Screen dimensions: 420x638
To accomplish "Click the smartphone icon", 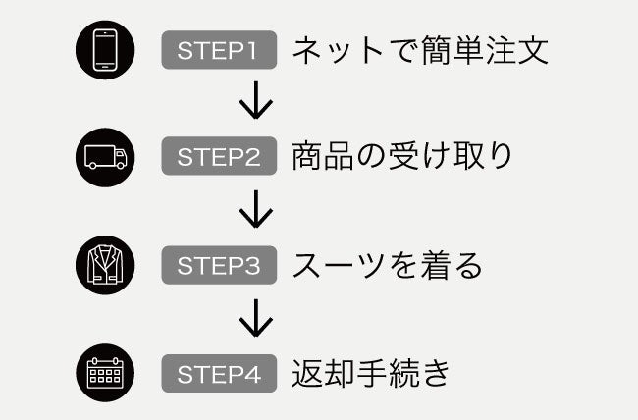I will (104, 49).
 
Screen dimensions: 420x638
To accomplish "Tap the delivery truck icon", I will (104, 157).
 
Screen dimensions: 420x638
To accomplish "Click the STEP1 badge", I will (221, 50).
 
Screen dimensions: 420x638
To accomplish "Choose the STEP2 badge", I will (221, 157).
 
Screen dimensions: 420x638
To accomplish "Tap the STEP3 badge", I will (221, 265).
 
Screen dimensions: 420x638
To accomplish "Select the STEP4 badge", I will (221, 374).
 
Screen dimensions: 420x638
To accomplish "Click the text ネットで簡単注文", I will (420, 50).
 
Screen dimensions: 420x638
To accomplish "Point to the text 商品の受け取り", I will (402, 157).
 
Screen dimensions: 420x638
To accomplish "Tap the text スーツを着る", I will (387, 265).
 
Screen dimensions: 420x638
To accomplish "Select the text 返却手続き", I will (370, 374).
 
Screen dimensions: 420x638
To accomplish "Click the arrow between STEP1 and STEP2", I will (255, 102).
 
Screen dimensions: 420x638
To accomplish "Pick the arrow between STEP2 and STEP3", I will (255, 209).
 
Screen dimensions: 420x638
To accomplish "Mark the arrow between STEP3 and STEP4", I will (255, 317).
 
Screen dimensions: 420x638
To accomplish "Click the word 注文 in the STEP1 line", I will (516, 50).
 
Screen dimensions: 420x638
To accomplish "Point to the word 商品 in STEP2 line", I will (324, 157).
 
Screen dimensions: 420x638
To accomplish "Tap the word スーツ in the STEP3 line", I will (340, 265).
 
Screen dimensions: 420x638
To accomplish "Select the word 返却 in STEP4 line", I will (324, 374).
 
